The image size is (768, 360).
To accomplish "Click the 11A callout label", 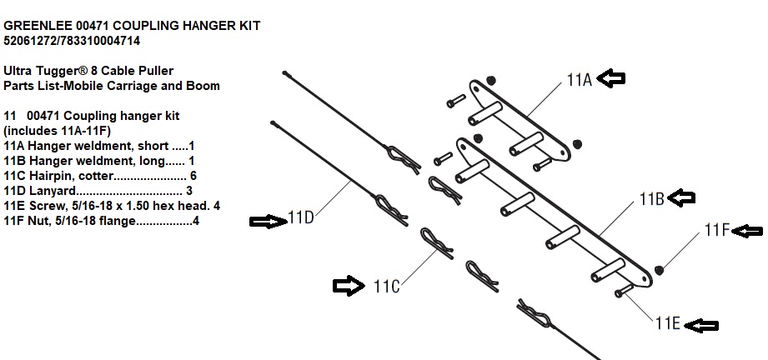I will point(579,80).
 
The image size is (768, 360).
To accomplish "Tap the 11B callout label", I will point(652,199).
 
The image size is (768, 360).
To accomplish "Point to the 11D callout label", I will point(301,219).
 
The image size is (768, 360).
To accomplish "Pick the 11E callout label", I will point(667,325).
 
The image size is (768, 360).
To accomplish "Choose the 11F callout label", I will point(716,230).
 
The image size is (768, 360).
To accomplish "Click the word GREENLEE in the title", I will point(34,26).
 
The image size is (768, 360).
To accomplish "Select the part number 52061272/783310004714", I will point(72,40).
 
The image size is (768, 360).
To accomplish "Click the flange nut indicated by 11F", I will point(660,269).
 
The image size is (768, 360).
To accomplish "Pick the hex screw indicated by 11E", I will point(624,292).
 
